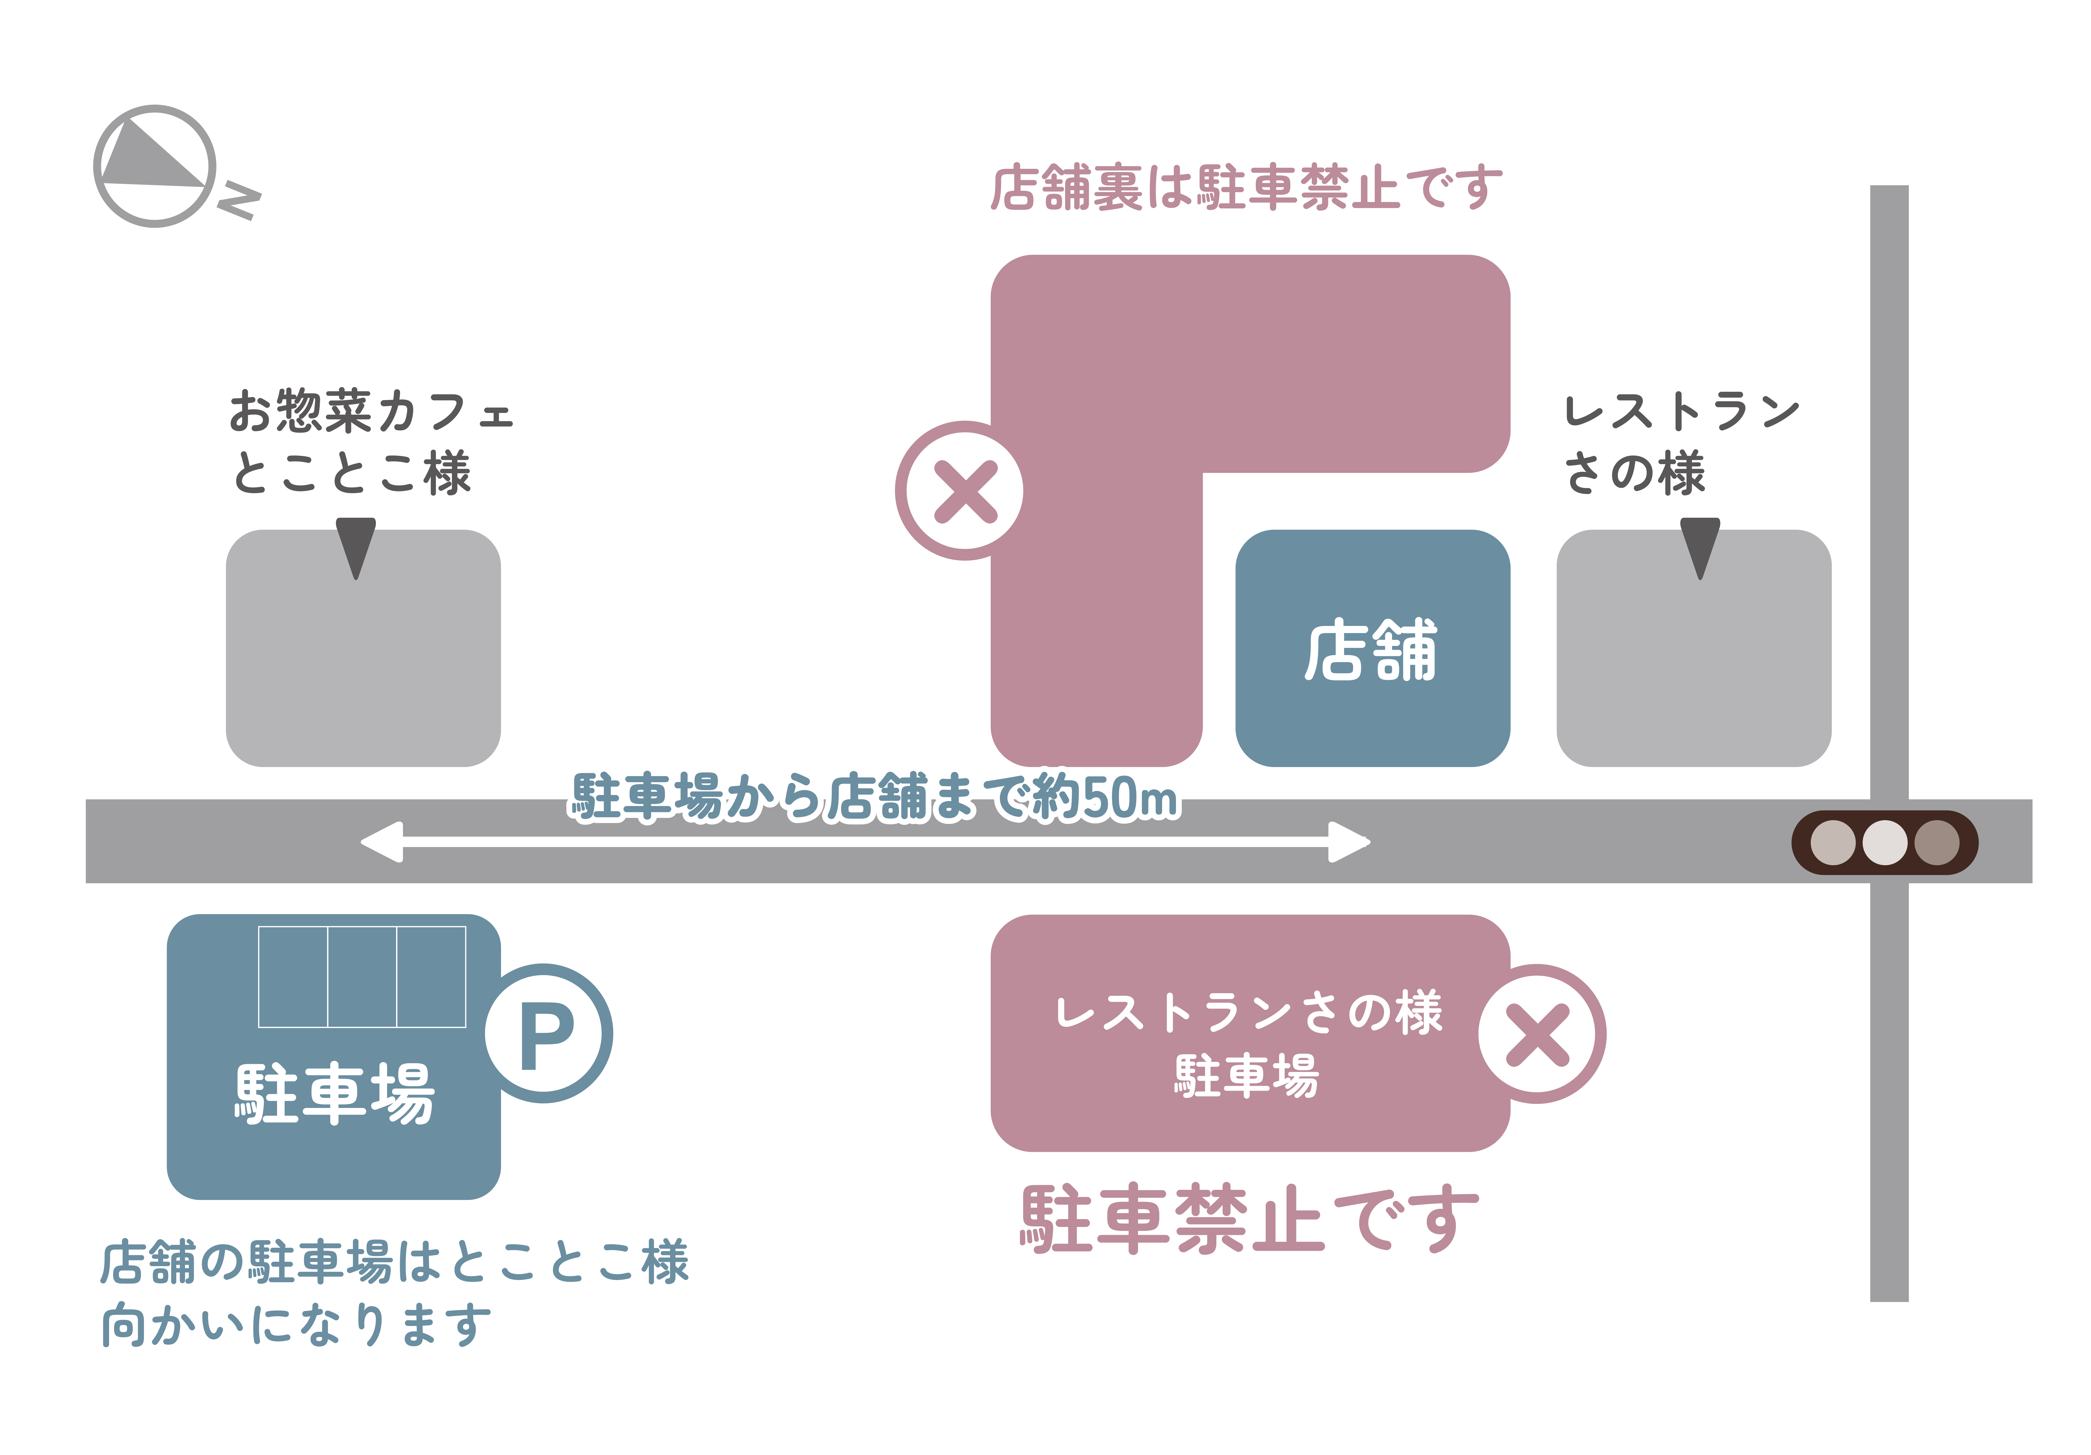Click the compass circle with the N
[155, 166]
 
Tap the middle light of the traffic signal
[1884, 842]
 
